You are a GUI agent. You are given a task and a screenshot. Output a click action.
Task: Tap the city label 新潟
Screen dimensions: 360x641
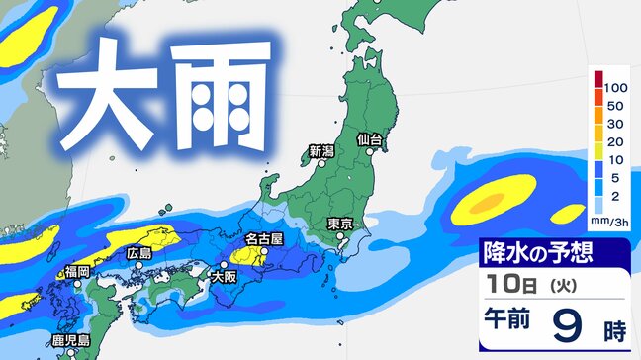[321, 151]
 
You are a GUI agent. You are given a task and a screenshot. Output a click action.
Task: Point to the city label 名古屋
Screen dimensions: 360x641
[264, 239]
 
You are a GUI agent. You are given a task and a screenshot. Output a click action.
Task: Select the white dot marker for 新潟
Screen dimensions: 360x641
[326, 164]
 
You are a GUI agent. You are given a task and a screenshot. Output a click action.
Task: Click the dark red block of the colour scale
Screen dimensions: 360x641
[595, 79]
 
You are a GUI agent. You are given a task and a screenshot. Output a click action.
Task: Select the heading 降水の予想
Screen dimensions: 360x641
[538, 253]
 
